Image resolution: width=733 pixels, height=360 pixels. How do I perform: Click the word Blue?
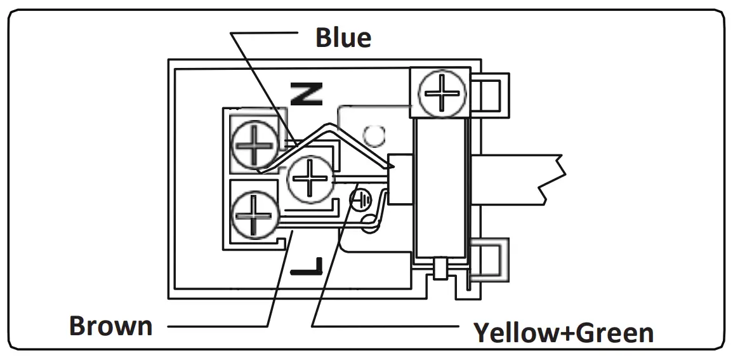(343, 38)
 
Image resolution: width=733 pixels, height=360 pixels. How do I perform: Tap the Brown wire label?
(111, 326)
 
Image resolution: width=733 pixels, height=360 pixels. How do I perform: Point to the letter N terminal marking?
(307, 94)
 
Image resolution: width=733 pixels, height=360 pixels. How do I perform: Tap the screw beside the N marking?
(254, 145)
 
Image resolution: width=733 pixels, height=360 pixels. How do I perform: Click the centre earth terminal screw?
(310, 177)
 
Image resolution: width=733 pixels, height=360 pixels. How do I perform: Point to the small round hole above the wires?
(374, 135)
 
